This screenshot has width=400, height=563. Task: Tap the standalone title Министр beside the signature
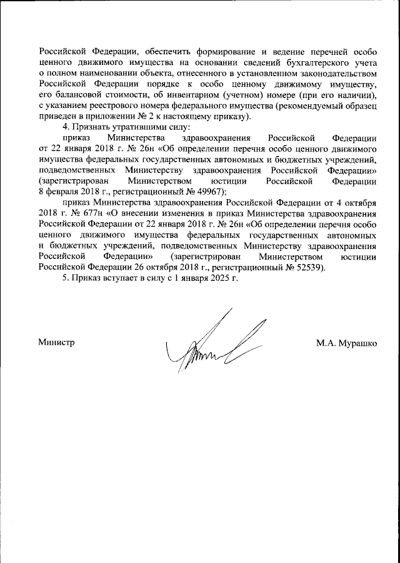click(56, 342)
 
